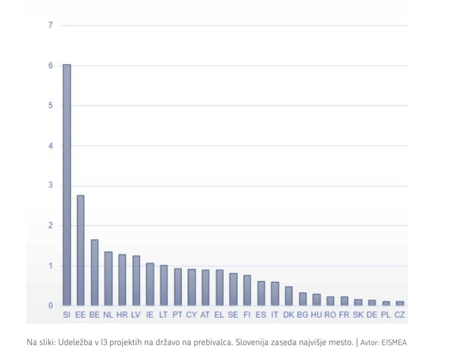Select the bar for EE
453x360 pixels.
pyautogui.click(x=81, y=250)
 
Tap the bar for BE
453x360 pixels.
pyautogui.click(x=94, y=272)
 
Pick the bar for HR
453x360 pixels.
pyautogui.click(x=122, y=280)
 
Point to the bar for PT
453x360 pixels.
pyautogui.click(x=178, y=287)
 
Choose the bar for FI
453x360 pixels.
pyautogui.click(x=247, y=290)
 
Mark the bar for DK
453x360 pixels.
pyautogui.click(x=288, y=296)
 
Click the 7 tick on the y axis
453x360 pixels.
pyautogui.click(x=50, y=25)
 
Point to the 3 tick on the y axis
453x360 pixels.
pyautogui.click(x=50, y=186)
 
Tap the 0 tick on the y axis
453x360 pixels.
pyautogui.click(x=50, y=306)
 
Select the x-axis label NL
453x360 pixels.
pyautogui.click(x=108, y=315)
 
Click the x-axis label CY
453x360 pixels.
pyautogui.click(x=192, y=315)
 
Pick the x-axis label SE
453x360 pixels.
pyautogui.click(x=233, y=315)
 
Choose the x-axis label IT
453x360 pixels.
pyautogui.click(x=275, y=315)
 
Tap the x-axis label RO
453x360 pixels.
pyautogui.click(x=330, y=315)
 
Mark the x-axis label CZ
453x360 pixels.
pyautogui.click(x=399, y=315)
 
